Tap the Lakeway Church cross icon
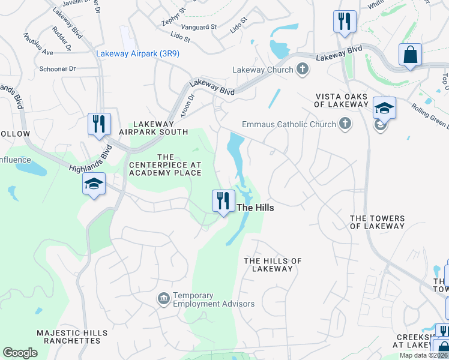click(303, 70)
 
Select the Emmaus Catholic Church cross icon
click(345, 124)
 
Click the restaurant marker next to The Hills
click(223, 200)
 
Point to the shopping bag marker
click(411, 55)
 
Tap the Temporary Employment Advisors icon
click(163, 298)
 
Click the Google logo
click(20, 353)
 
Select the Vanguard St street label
click(197, 27)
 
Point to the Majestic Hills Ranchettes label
click(71, 337)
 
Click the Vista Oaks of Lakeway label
click(342, 100)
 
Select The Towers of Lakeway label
click(377, 222)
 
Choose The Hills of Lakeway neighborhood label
click(273, 265)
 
